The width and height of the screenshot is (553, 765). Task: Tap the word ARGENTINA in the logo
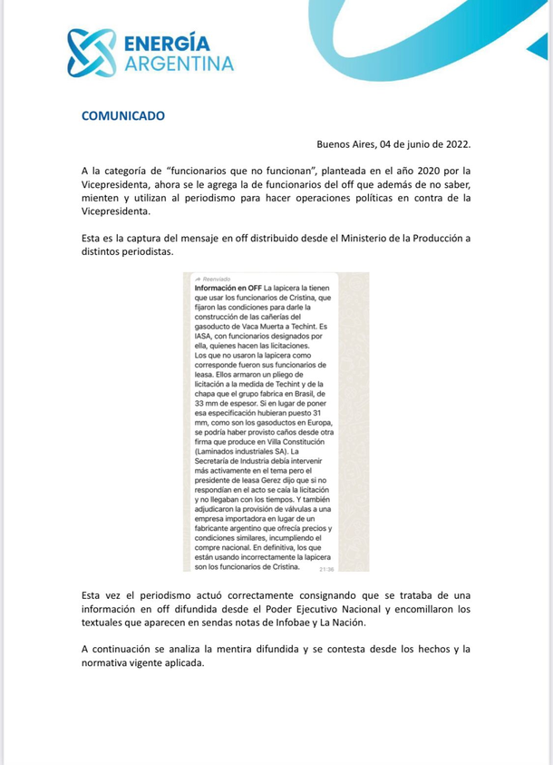pyautogui.click(x=178, y=63)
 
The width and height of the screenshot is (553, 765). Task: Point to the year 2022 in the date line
pyautogui.click(x=456, y=144)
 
